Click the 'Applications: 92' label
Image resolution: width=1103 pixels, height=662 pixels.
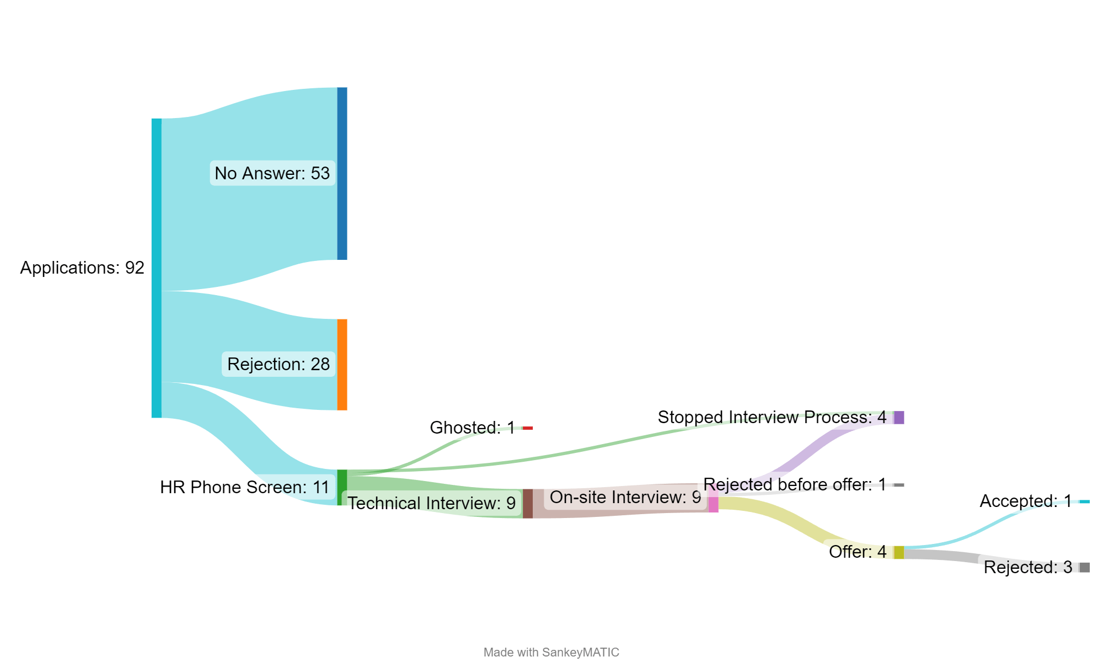[82, 268]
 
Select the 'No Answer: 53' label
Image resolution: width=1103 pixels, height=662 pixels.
[272, 173]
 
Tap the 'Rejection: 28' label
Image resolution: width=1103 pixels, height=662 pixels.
[278, 364]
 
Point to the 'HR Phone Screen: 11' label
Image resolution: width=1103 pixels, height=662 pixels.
[244, 487]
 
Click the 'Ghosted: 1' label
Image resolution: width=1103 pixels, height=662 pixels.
[472, 428]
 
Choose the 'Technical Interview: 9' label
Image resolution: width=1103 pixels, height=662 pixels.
[431, 503]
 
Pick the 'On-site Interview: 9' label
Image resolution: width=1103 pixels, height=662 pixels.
[625, 497]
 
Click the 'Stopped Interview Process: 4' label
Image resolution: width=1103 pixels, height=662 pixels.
[772, 417]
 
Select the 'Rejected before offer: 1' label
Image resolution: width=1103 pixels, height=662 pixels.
[794, 484]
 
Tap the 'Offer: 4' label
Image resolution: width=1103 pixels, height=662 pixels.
[858, 552]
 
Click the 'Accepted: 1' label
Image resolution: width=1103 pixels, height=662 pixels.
[1025, 501]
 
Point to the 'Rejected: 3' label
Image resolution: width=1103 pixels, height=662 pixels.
[1027, 567]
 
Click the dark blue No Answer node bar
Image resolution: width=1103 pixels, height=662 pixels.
[342, 173]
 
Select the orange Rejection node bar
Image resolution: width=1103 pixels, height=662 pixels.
[342, 365]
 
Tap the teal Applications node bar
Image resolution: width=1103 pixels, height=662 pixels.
[157, 268]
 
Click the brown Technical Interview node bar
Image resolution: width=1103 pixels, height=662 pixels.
[528, 504]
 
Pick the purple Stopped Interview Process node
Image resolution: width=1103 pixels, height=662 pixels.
[899, 418]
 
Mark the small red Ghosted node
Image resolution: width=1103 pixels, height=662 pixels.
[528, 428]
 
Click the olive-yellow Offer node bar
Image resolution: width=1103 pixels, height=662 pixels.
[899, 552]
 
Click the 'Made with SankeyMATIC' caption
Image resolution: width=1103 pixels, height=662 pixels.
[551, 652]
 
